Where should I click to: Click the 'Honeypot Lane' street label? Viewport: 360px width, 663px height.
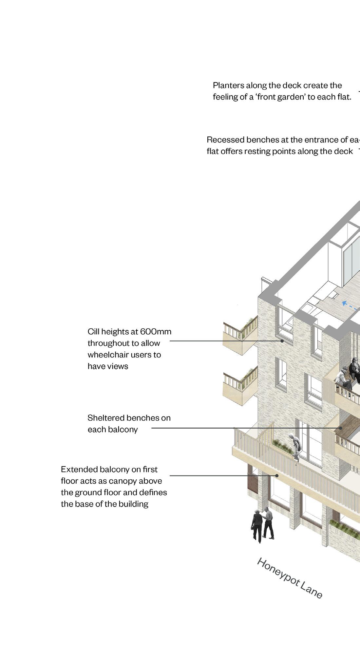click(290, 578)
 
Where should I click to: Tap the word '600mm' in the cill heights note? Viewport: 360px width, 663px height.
click(156, 332)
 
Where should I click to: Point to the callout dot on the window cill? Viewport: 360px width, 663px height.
click(282, 341)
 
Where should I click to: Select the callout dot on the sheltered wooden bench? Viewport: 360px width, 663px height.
click(341, 428)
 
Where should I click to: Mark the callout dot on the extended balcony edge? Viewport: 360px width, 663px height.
click(277, 476)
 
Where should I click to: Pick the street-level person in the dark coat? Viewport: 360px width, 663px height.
click(257, 525)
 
